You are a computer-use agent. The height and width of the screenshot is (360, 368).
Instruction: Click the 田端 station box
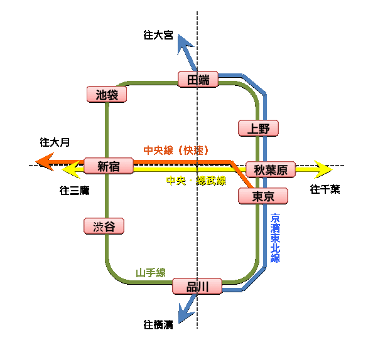(x=198, y=79)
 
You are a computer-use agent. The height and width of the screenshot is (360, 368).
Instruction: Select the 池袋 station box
(x=107, y=95)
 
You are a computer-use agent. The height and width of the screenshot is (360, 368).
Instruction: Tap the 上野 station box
(x=258, y=129)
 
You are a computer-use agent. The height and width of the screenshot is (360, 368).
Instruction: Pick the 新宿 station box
(x=109, y=166)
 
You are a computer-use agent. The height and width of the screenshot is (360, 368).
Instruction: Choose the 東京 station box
(x=263, y=196)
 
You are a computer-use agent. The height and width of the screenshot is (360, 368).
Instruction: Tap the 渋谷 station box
(x=104, y=226)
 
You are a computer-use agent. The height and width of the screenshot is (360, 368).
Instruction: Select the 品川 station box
(x=197, y=287)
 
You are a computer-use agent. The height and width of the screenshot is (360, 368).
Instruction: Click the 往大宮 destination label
(x=158, y=36)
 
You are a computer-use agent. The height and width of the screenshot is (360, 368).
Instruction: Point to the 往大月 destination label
(x=55, y=142)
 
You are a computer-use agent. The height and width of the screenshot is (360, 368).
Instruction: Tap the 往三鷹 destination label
(x=74, y=190)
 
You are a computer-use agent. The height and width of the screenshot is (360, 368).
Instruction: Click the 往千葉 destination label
(x=325, y=189)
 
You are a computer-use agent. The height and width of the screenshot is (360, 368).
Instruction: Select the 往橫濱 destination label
(x=158, y=325)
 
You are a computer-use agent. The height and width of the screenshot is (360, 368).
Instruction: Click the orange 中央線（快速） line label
(x=176, y=151)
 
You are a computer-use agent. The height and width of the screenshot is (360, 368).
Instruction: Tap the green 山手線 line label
(x=151, y=273)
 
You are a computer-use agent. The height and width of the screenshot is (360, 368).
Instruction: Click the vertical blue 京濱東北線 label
(x=275, y=238)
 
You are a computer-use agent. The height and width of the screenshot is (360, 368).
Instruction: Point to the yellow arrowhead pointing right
(x=323, y=169)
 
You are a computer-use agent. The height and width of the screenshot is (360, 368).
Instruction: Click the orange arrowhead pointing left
(x=45, y=162)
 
